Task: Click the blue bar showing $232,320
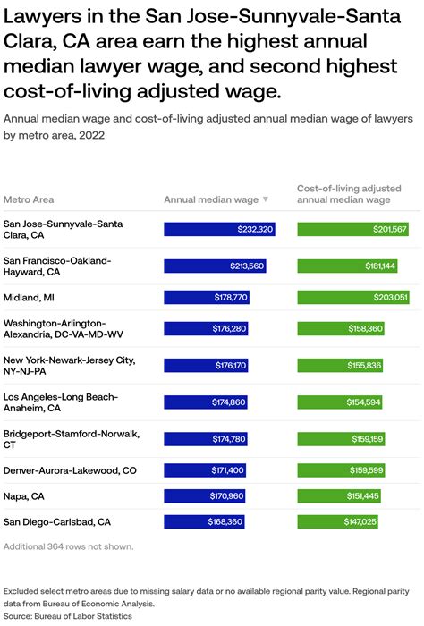pyautogui.click(x=219, y=230)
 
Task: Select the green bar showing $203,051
pyautogui.click(x=353, y=297)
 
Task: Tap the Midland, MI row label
pyautogui.click(x=30, y=297)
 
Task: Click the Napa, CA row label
pyautogui.click(x=24, y=495)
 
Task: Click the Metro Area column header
pyautogui.click(x=29, y=199)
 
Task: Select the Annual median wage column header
pyautogui.click(x=211, y=199)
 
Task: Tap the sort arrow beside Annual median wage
pyautogui.click(x=266, y=199)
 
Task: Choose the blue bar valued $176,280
pyautogui.click(x=206, y=329)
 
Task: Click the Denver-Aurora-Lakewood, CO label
pyautogui.click(x=70, y=469)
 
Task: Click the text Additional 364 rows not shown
pyautogui.click(x=69, y=546)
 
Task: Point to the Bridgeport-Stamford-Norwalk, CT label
pyautogui.click(x=72, y=438)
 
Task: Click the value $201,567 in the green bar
pyautogui.click(x=390, y=230)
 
